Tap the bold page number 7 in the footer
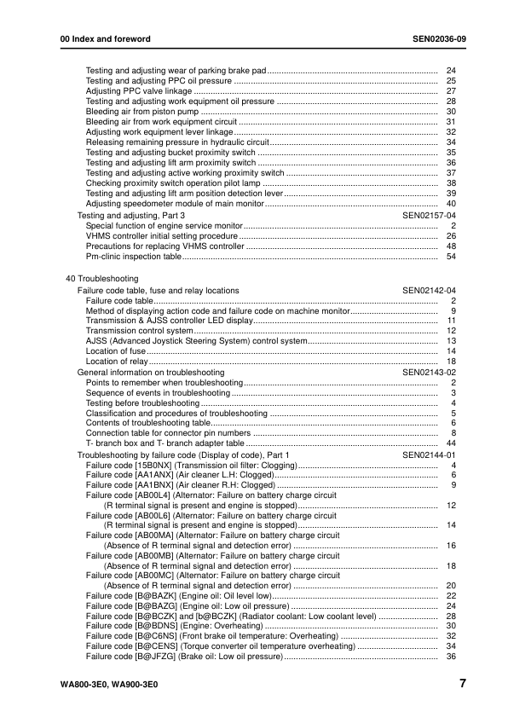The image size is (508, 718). click(x=461, y=684)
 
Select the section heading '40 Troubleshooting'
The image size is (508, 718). click(x=102, y=279)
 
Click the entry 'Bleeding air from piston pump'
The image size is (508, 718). click(x=142, y=111)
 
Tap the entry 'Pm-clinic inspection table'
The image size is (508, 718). click(x=134, y=256)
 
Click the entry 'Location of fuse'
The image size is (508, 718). click(x=116, y=351)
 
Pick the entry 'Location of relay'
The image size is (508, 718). click(x=118, y=362)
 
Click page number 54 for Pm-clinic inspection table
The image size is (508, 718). click(x=452, y=256)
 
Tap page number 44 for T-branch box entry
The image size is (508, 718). click(x=452, y=443)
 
